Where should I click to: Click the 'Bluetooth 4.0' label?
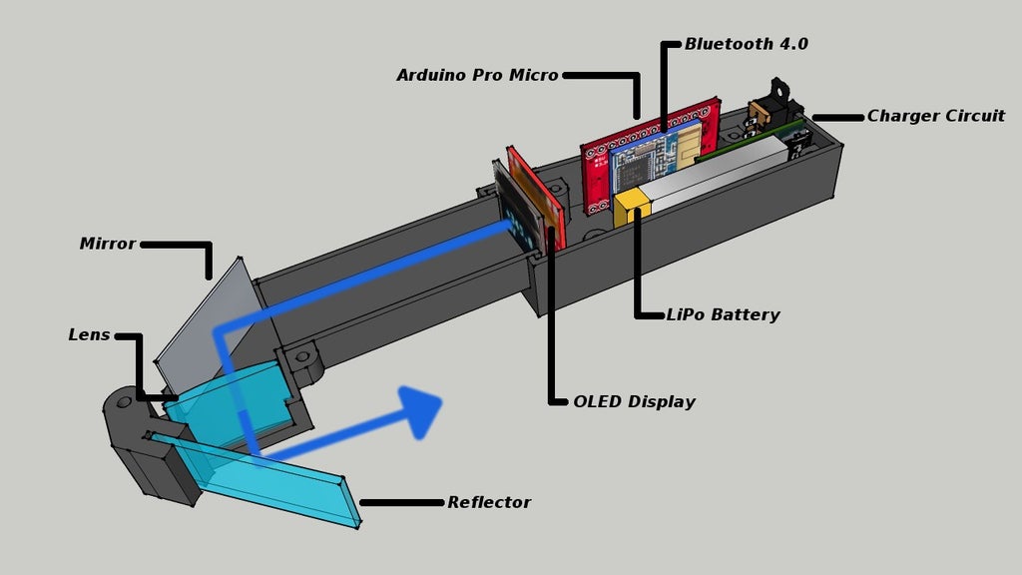coord(746,44)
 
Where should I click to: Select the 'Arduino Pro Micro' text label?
coord(477,75)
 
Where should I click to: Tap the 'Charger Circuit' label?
coord(935,116)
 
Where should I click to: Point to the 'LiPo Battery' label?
coord(723,314)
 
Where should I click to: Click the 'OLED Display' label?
coord(634,401)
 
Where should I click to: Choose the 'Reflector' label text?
coord(489,502)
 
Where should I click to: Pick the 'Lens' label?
coord(89,334)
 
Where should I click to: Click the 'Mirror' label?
coord(107,244)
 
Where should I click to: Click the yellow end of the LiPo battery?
coord(632,209)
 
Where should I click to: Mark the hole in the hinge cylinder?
coord(124,402)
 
